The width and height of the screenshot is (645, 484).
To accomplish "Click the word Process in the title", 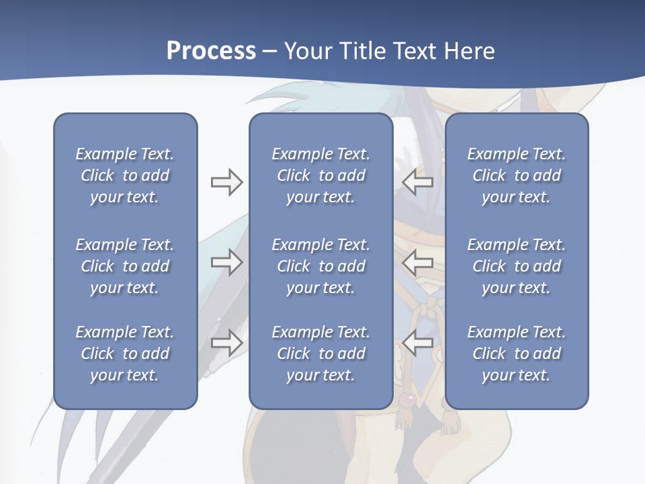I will coord(211,51).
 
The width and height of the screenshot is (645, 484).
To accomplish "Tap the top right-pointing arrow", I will coord(226,182).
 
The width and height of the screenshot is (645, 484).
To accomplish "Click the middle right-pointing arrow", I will coord(226,262).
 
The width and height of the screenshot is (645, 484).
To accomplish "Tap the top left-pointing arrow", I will coord(417,182).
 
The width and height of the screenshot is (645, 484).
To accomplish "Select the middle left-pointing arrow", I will coord(417,262).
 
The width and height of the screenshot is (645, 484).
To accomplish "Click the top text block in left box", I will coord(125,175).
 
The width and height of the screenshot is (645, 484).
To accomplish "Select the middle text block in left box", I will coord(125,266).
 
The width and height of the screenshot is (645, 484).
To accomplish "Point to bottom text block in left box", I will coord(125,354).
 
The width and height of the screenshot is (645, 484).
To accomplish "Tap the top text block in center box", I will coord(320,175).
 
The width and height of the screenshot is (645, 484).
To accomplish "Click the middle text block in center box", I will coord(320,266).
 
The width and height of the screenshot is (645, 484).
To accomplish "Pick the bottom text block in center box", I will coord(320,354).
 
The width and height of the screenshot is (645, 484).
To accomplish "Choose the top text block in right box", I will coord(516,175).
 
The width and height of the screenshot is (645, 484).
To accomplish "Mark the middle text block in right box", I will coord(516,266).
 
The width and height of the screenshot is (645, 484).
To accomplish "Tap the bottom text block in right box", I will coord(516,354).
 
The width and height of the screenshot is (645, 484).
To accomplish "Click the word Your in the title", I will coord(305,51).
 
